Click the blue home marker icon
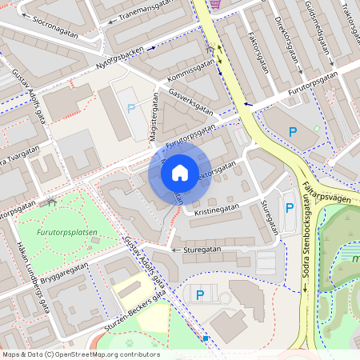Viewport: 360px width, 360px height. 180,172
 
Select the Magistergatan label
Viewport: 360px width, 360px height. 152,121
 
